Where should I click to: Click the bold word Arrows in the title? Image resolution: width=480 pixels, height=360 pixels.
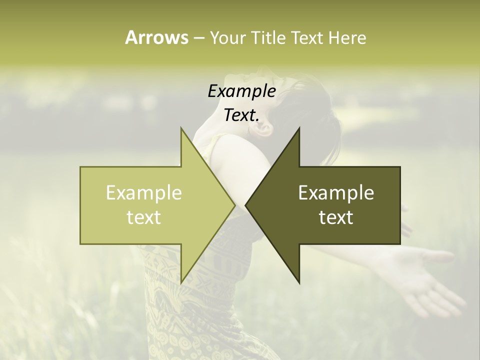tap(156, 37)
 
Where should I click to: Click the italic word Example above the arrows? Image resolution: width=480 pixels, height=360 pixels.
tap(241, 91)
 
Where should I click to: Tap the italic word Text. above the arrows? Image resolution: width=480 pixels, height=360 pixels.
tap(241, 115)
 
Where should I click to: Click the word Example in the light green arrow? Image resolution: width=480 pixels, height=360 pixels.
tap(144, 193)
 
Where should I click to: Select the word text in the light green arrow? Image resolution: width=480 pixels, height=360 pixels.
tap(144, 217)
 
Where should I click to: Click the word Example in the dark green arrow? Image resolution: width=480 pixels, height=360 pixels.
tap(336, 193)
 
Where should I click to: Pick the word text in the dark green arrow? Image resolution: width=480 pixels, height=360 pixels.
tap(336, 217)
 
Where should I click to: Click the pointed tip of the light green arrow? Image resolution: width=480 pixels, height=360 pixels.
tap(234, 205)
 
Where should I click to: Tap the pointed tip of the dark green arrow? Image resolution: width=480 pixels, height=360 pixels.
tap(246, 205)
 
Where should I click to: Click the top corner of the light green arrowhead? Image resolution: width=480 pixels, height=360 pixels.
tap(181, 128)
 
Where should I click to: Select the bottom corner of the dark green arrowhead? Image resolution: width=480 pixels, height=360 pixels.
tap(299, 282)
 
